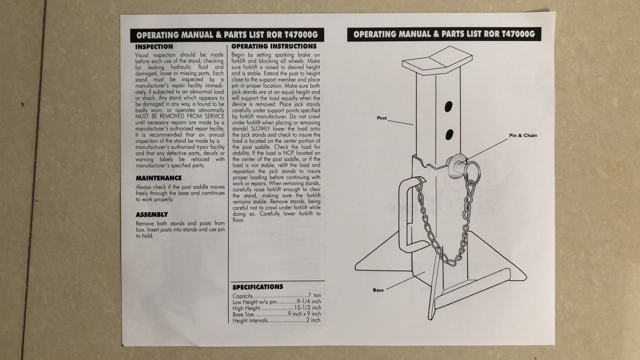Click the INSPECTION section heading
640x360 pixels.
coord(154,47)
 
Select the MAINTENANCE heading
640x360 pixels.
coord(159,178)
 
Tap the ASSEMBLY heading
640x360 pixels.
coord(152,215)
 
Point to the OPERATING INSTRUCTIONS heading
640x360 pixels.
coord(274,46)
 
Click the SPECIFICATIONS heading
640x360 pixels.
coord(258,287)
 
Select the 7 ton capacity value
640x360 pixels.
coord(314,295)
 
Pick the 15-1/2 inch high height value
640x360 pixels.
coord(307,308)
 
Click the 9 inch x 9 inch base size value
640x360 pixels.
coord(304,314)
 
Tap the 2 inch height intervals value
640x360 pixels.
coord(313,320)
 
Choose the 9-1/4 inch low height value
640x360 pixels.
coord(309,302)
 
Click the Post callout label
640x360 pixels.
coord(382,118)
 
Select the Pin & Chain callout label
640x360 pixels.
coord(523,135)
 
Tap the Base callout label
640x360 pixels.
coord(378,290)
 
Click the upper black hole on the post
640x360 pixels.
coord(449,107)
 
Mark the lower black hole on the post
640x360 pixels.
coord(449,134)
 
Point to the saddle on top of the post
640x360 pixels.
coord(438,62)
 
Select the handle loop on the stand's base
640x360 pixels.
coord(405,217)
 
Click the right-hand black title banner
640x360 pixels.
coord(444,34)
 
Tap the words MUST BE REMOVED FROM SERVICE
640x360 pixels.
coord(180,116)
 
